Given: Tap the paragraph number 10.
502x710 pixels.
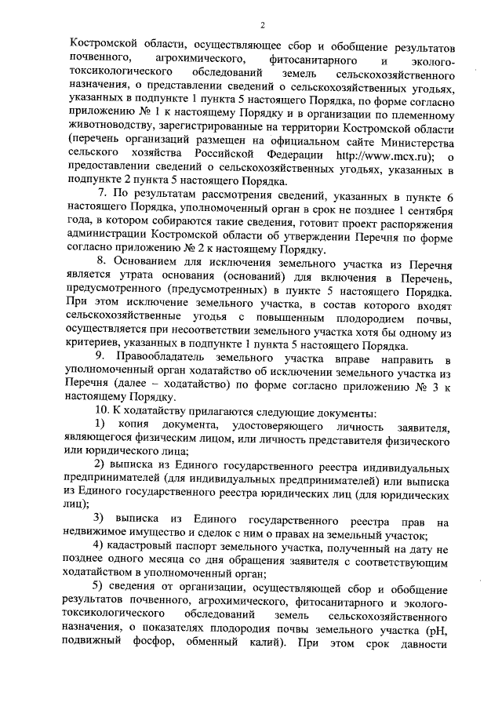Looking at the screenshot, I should click(x=103, y=415).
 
